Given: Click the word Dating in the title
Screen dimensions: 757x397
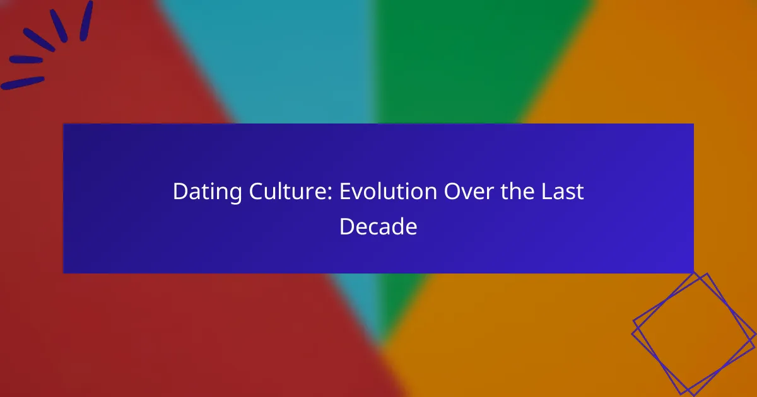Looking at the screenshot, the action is pyautogui.click(x=207, y=192).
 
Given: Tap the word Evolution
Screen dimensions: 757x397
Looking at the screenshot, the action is pyautogui.click(x=389, y=192).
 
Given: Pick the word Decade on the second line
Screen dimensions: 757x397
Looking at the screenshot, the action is pyautogui.click(x=378, y=226).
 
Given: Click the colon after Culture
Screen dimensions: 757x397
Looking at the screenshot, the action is pyautogui.click(x=330, y=194).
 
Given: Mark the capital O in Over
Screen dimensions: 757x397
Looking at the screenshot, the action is pyautogui.click(x=452, y=192).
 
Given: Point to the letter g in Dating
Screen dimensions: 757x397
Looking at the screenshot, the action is pyautogui.click(x=234, y=195).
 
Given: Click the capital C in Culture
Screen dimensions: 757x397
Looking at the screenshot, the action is pyautogui.click(x=257, y=192).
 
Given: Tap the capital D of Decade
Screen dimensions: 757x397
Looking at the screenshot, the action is pyautogui.click(x=347, y=226).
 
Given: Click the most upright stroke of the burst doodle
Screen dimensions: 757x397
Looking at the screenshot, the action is pyautogui.click(x=86, y=21).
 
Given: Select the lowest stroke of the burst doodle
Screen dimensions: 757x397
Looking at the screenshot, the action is pyautogui.click(x=23, y=83).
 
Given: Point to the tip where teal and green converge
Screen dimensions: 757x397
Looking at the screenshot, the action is pyautogui.click(x=381, y=344).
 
